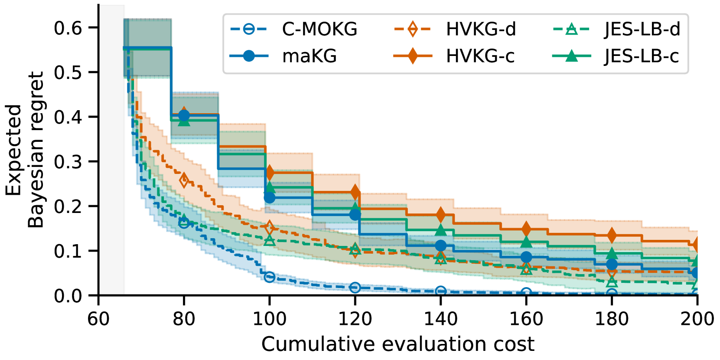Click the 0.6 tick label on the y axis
[x=68, y=28]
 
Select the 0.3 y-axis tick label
[x=68, y=162]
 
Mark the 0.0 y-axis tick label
[x=68, y=296]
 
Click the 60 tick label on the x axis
[x=98, y=319]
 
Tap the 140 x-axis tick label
[x=440, y=319]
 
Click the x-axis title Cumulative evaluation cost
[x=397, y=344]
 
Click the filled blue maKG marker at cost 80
[x=184, y=115]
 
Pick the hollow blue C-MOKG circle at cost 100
[x=270, y=277]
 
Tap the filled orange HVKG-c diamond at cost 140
[x=440, y=214]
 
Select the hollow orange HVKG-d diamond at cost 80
[x=184, y=180]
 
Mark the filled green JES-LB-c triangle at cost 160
[x=526, y=242]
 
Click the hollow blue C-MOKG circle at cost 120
[x=355, y=287]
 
